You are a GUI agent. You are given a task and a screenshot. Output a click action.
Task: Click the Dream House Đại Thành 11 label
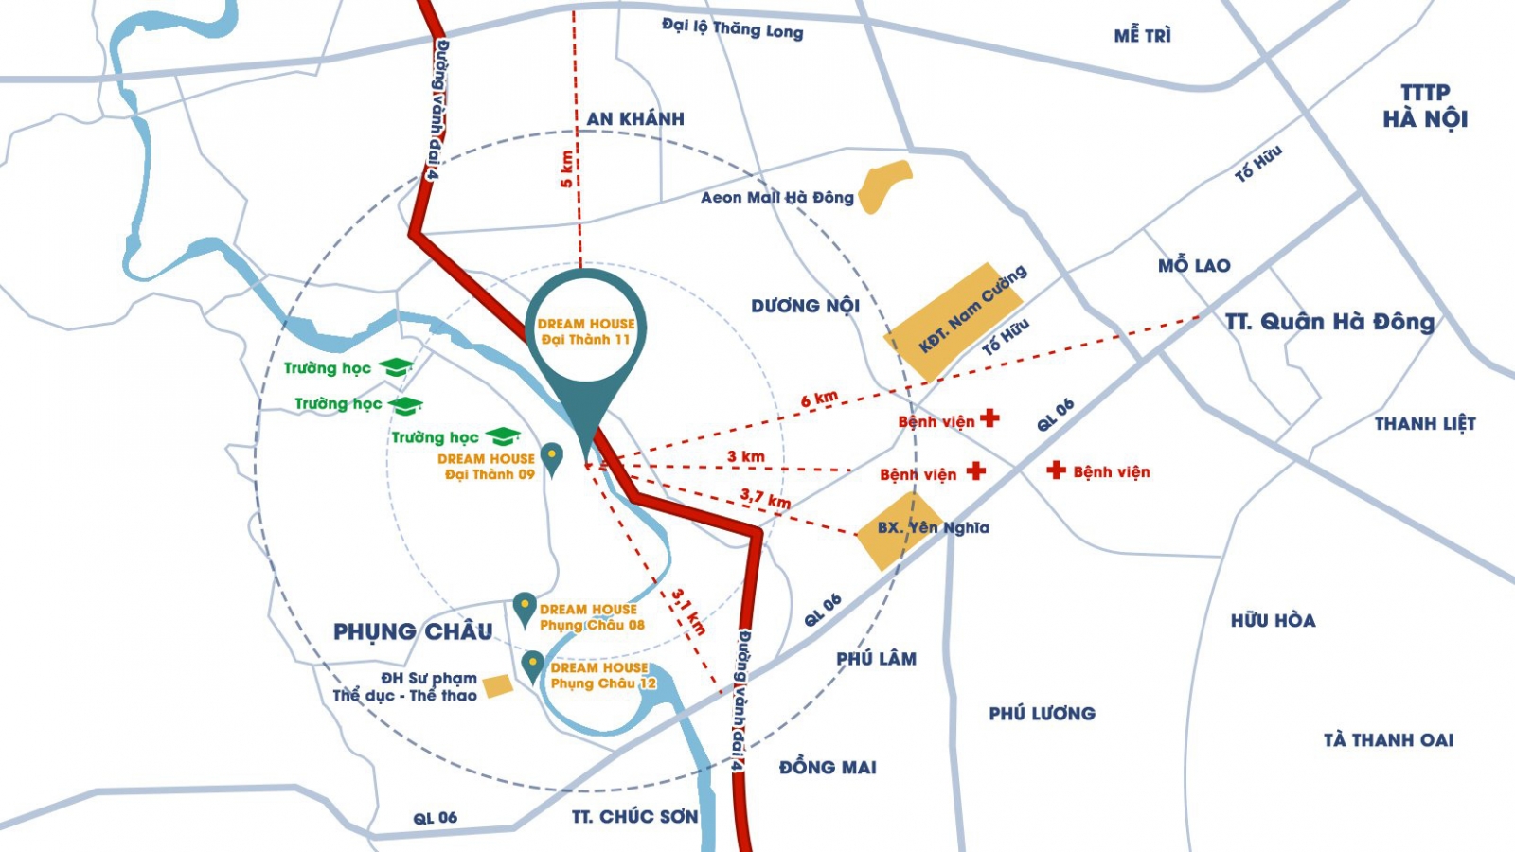pyautogui.click(x=586, y=331)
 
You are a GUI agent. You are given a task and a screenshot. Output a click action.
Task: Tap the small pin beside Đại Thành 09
pyautogui.click(x=551, y=457)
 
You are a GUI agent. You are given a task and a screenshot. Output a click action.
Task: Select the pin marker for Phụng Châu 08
pyautogui.click(x=525, y=608)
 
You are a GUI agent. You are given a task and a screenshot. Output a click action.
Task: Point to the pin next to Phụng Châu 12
pyautogui.click(x=533, y=666)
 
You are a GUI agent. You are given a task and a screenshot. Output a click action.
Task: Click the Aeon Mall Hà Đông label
pyautogui.click(x=776, y=198)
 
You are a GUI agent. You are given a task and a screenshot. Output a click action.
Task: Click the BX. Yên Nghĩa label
pyautogui.click(x=933, y=528)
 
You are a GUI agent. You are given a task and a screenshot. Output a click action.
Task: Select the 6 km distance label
pyautogui.click(x=819, y=399)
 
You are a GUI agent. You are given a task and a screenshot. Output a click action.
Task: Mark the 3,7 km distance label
pyautogui.click(x=765, y=498)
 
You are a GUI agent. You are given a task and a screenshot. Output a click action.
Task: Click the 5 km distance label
pyautogui.click(x=567, y=169)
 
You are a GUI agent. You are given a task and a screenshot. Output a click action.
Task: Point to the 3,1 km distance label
pyautogui.click(x=689, y=612)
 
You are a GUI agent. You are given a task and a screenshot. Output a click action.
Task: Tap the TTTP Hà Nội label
pyautogui.click(x=1425, y=106)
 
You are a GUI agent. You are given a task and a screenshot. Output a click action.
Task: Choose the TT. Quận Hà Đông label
pyautogui.click(x=1329, y=322)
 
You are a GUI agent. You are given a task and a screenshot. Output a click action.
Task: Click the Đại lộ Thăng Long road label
pyautogui.click(x=732, y=28)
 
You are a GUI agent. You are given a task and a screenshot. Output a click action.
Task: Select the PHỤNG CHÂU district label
pyautogui.click(x=413, y=631)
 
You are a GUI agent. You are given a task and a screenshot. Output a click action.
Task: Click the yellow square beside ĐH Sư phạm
pyautogui.click(x=498, y=686)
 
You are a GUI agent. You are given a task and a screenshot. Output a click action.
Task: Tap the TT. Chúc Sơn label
pyautogui.click(x=634, y=816)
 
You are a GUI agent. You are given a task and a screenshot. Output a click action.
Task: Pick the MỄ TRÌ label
pyautogui.click(x=1142, y=36)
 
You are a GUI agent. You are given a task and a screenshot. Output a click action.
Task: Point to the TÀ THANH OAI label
pyautogui.click(x=1388, y=740)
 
